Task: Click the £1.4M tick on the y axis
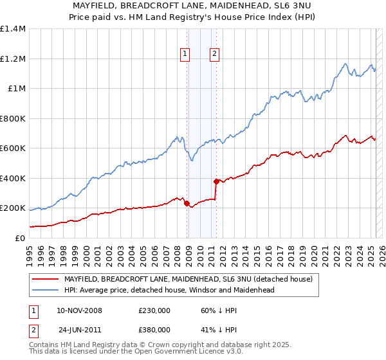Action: click(x=13, y=29)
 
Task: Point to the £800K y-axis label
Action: click(x=13, y=118)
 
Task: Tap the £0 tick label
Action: click(x=20, y=238)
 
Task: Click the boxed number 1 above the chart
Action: click(x=185, y=55)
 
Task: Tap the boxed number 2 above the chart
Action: click(x=214, y=55)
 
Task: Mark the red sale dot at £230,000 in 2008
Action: click(x=187, y=204)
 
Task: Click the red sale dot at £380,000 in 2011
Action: click(x=216, y=181)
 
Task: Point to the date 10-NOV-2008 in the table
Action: click(x=79, y=310)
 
